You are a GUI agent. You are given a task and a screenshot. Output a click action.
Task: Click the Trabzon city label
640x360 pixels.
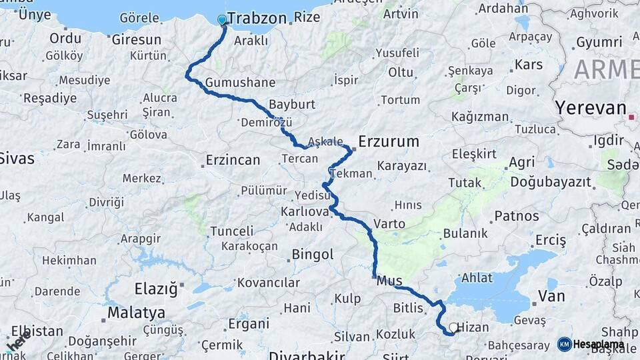tap(257, 18)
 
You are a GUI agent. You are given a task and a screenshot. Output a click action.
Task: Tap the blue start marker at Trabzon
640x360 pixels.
tap(222, 20)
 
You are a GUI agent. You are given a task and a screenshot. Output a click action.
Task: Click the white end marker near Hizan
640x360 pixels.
tap(454, 327)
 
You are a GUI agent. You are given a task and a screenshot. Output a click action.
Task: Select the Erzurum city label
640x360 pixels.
tap(389, 141)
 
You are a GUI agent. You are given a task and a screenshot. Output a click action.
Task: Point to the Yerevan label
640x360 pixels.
tap(591, 108)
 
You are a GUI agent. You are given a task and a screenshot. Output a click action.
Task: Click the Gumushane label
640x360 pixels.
tap(240, 83)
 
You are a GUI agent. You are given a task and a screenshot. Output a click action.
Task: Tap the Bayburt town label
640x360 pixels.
tap(291, 105)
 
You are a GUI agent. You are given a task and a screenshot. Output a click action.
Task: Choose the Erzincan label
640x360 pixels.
tap(233, 160)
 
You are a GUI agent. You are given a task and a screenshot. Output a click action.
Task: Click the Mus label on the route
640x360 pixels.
tap(390, 281)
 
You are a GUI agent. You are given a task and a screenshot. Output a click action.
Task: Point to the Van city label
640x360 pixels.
tap(551, 296)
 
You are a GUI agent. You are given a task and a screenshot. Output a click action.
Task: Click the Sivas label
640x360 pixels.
tap(17, 159)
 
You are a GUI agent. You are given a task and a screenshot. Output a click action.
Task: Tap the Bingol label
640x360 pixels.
tap(312, 254)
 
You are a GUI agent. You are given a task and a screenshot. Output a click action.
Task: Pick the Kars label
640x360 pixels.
tap(529, 65)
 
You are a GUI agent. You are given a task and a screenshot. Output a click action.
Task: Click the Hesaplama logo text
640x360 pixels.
tap(599, 345)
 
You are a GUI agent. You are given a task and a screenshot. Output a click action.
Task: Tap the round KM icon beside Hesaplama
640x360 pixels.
tap(565, 344)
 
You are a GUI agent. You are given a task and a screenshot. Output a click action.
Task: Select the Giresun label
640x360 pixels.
tap(137, 39)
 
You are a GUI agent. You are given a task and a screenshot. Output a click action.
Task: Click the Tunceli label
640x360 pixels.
tap(231, 231)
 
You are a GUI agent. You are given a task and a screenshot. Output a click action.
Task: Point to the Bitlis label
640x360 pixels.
tap(408, 308)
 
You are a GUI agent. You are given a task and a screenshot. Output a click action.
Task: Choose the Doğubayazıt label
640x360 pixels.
tap(551, 181)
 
